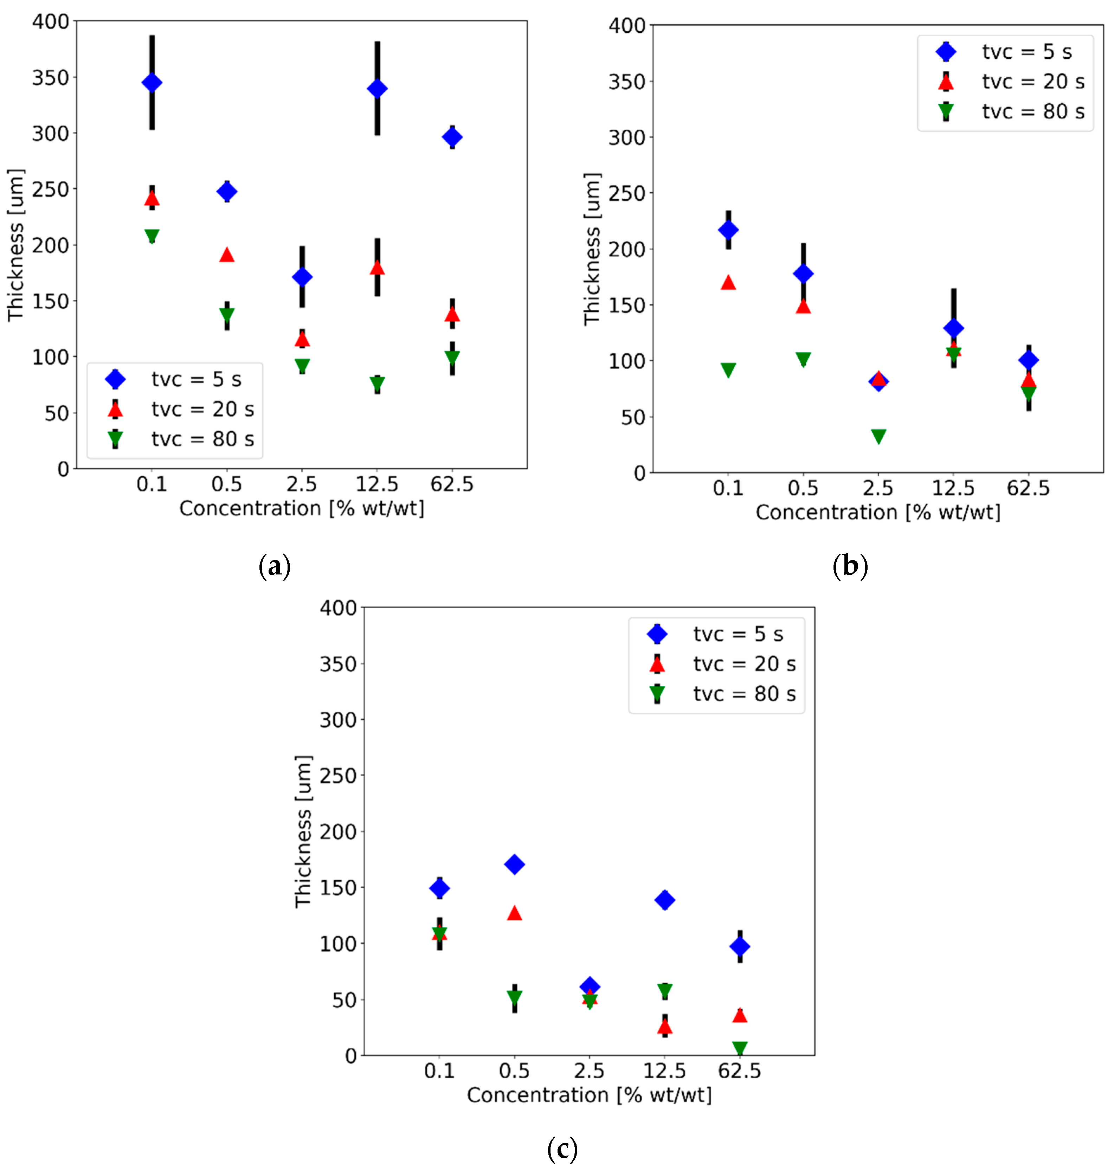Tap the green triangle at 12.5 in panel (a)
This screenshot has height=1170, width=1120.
pyautogui.click(x=377, y=384)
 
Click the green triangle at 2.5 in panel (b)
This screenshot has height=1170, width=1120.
pyautogui.click(x=878, y=436)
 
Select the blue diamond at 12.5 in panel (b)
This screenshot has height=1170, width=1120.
pyautogui.click(x=953, y=328)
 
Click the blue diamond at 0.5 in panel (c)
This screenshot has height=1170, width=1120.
pyautogui.click(x=514, y=864)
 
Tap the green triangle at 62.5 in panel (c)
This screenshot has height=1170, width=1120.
pyautogui.click(x=740, y=1048)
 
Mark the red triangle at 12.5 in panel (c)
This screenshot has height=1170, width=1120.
pyautogui.click(x=664, y=1027)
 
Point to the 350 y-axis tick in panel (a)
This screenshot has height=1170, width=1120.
pyautogui.click(x=50, y=78)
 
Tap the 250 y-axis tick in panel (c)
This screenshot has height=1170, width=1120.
pyautogui.click(x=338, y=776)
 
